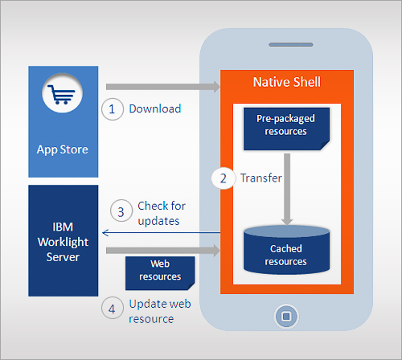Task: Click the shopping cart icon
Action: (x=61, y=95)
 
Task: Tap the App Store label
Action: (x=63, y=149)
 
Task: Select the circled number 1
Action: (x=113, y=109)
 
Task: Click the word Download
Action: (x=155, y=108)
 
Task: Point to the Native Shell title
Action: (x=287, y=82)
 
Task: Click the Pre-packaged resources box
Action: (x=286, y=129)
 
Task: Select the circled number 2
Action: (x=224, y=178)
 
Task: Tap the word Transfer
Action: (x=260, y=178)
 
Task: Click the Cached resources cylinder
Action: (x=286, y=250)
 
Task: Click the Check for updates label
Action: (x=162, y=214)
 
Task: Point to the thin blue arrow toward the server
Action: (x=161, y=233)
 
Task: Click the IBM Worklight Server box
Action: (x=64, y=240)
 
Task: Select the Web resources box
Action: (x=160, y=273)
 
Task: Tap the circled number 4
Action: (x=113, y=308)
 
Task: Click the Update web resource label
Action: (x=160, y=311)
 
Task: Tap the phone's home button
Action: (x=286, y=317)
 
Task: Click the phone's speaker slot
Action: (x=291, y=44)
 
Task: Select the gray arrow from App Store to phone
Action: (x=163, y=87)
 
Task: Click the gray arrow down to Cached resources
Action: (x=287, y=189)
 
